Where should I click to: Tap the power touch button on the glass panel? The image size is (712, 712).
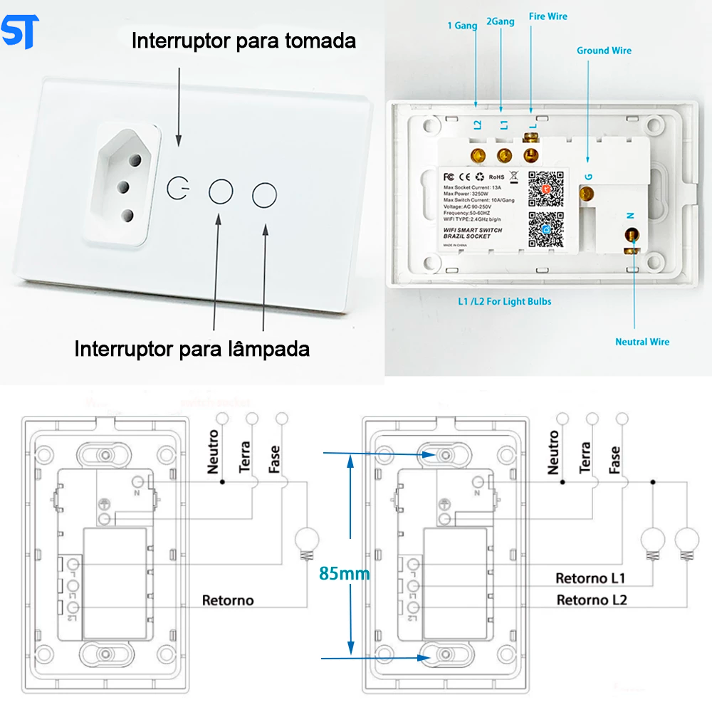pyautogui.click(x=178, y=189)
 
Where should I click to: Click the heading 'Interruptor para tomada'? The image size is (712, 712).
pyautogui.click(x=244, y=41)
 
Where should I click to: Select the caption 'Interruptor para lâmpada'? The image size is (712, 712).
pyautogui.click(x=192, y=349)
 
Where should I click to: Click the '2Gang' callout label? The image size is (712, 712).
pyautogui.click(x=501, y=22)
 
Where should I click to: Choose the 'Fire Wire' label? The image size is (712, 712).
pyautogui.click(x=548, y=16)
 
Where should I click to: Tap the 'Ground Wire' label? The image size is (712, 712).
pyautogui.click(x=604, y=51)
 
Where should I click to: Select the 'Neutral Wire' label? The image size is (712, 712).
pyautogui.click(x=642, y=342)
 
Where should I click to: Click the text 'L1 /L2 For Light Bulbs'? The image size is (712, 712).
pyautogui.click(x=504, y=301)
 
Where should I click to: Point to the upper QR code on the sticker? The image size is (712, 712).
pyautogui.click(x=546, y=189)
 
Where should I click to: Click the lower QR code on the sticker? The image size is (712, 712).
pyautogui.click(x=546, y=230)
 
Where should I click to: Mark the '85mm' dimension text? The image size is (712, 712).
pyautogui.click(x=345, y=573)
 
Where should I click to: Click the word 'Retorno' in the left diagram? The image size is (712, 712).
pyautogui.click(x=228, y=600)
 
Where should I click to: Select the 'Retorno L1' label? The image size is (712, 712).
pyautogui.click(x=590, y=577)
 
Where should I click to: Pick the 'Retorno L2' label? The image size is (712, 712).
pyautogui.click(x=592, y=600)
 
